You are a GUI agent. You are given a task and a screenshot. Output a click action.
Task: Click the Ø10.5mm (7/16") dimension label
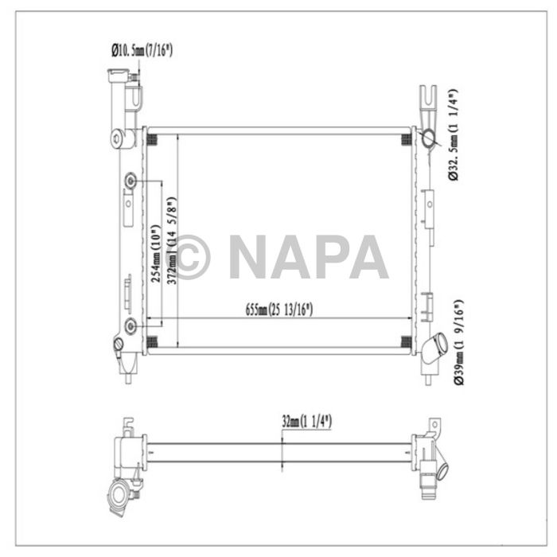(x=142, y=51)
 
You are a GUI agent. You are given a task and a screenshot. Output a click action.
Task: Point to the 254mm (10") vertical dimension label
(x=156, y=252)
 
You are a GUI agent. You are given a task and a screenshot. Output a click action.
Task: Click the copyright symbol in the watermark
(x=190, y=257)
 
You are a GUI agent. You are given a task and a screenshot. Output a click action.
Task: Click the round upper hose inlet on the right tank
(x=430, y=140)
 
